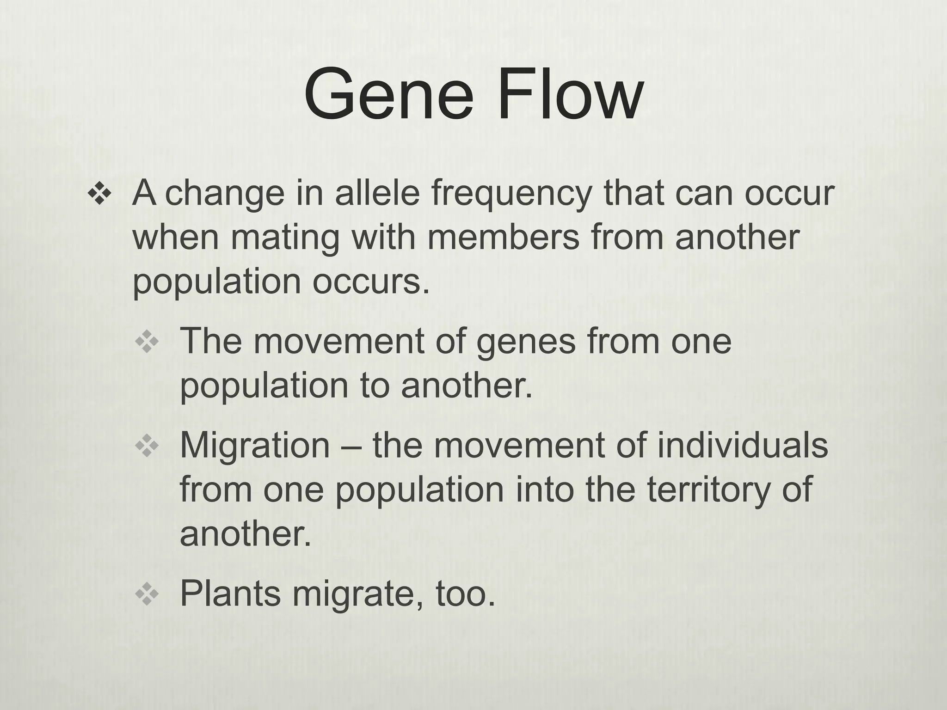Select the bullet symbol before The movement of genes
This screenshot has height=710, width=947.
point(147,343)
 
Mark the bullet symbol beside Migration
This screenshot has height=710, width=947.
point(147,447)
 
